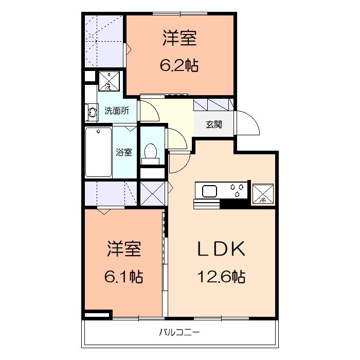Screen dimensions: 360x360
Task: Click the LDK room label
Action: point(221,249)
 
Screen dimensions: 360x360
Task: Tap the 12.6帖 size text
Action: point(221,277)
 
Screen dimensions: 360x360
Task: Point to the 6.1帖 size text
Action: point(123,277)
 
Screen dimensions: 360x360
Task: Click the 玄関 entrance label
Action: point(214,124)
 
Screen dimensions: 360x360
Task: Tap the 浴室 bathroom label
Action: point(124,152)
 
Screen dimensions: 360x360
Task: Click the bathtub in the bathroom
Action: point(99,152)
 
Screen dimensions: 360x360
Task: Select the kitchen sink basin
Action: point(210,191)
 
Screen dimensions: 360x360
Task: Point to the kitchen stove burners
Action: point(237,191)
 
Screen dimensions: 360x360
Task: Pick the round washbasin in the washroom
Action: point(93,111)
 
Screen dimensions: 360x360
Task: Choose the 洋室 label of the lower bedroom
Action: point(124,249)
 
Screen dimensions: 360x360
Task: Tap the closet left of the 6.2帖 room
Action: point(104,41)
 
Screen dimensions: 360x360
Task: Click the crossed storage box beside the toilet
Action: point(153,194)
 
